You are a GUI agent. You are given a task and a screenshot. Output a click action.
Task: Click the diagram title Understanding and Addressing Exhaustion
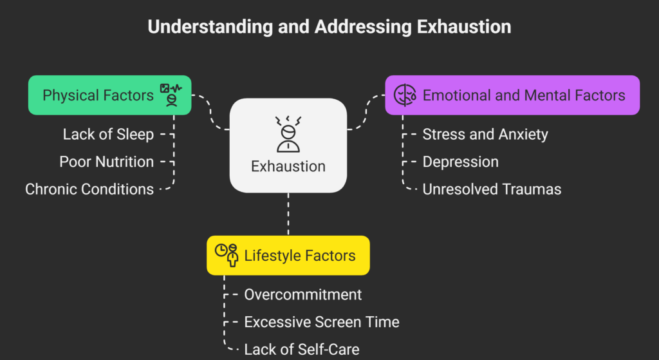pyautogui.click(x=329, y=27)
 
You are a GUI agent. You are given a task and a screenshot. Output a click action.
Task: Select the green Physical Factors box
pyautogui.click(x=109, y=95)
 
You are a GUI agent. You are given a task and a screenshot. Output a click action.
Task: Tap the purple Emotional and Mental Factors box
pyautogui.click(x=512, y=95)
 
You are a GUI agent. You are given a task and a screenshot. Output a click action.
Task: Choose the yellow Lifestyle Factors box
pyautogui.click(x=288, y=255)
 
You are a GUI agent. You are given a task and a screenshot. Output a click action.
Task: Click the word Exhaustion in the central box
pyautogui.click(x=288, y=166)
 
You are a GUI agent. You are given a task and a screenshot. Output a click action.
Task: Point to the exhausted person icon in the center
pyautogui.click(x=288, y=134)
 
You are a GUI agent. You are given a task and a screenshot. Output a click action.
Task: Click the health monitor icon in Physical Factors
pyautogui.click(x=171, y=95)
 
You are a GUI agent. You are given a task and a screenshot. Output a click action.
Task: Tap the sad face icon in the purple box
pyautogui.click(x=405, y=95)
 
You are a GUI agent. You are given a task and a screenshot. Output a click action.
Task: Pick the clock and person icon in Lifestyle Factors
pyautogui.click(x=227, y=255)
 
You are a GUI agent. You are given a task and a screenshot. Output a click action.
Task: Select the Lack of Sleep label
pyautogui.click(x=108, y=135)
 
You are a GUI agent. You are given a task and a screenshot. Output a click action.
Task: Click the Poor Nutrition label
pyautogui.click(x=107, y=162)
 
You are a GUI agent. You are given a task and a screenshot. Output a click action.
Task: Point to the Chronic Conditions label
pyautogui.click(x=89, y=189)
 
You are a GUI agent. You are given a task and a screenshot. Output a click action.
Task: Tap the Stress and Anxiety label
pyautogui.click(x=485, y=135)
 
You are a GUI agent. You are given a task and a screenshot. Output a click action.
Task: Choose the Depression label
pyautogui.click(x=461, y=162)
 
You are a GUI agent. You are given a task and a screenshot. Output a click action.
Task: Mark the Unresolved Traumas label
pyautogui.click(x=492, y=189)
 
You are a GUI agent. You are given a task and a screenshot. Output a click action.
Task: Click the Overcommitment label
pyautogui.click(x=303, y=294)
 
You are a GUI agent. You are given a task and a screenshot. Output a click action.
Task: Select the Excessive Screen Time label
pyautogui.click(x=322, y=322)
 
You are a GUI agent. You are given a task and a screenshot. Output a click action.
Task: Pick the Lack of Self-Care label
pyautogui.click(x=302, y=349)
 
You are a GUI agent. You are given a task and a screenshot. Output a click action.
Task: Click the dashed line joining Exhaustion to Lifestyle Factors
pyautogui.click(x=288, y=214)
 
